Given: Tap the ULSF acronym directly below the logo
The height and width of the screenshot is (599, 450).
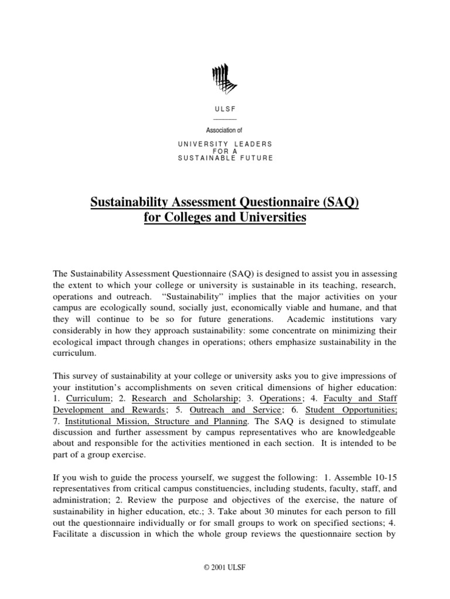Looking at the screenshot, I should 225,109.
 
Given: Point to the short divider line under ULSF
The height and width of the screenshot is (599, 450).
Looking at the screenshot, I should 225,119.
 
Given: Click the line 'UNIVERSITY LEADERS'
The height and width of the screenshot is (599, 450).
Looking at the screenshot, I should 225,144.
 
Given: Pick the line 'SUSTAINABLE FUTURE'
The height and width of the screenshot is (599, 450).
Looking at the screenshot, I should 225,159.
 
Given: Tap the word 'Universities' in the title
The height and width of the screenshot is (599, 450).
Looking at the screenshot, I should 274,218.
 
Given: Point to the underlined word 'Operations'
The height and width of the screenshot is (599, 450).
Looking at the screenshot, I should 280,398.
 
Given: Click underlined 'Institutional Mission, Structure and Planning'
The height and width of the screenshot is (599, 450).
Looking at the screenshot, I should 157,421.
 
